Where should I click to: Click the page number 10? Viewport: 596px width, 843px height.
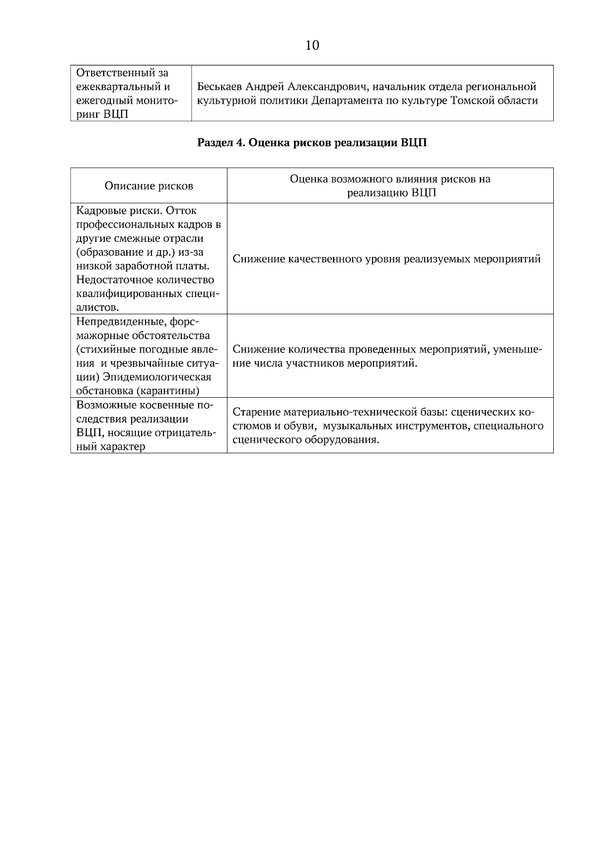coord(312,46)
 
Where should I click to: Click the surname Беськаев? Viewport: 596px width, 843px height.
coord(220,87)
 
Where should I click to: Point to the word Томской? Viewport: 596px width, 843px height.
coord(472,101)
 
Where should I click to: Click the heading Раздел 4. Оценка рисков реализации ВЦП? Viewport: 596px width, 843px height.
coord(312,143)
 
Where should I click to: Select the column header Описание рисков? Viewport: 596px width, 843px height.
coord(149,186)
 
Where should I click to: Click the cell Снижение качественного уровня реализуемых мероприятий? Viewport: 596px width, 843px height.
coord(386,259)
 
